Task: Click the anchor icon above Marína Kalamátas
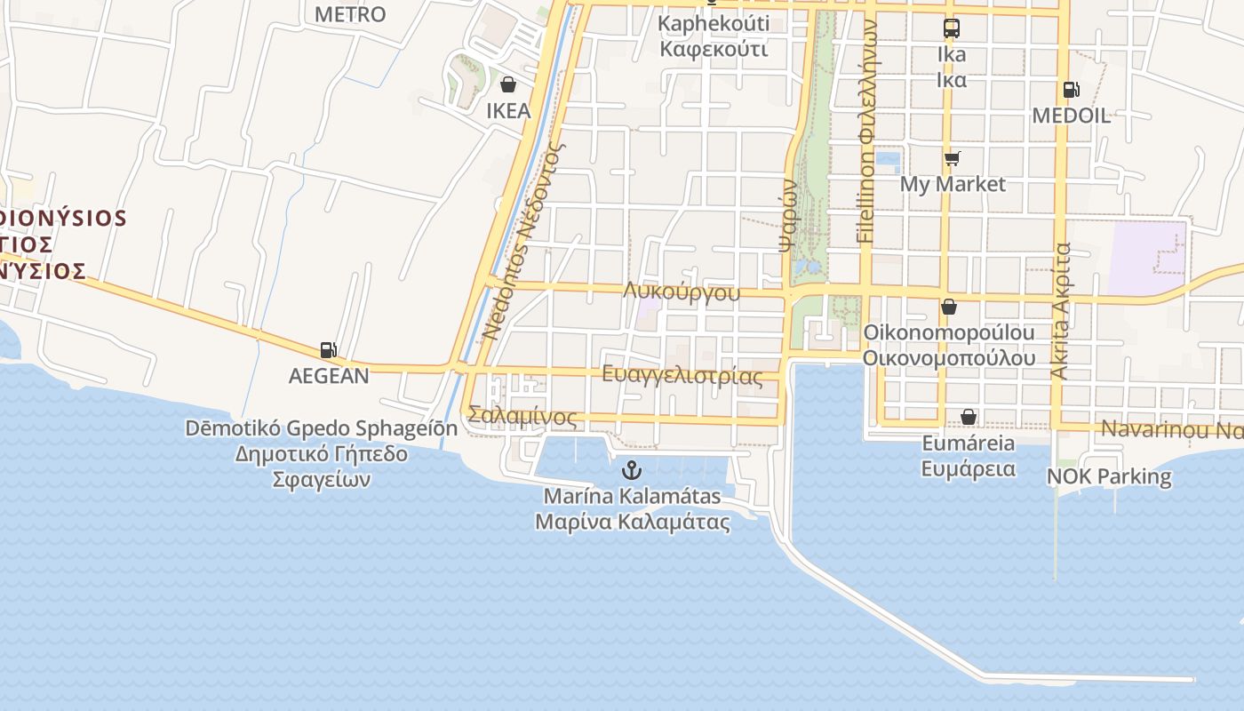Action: [x=631, y=469]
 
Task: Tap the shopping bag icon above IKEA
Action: [x=508, y=84]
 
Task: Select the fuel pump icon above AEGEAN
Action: [x=329, y=350]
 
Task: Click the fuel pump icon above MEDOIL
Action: [x=1071, y=89]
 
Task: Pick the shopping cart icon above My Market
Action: [x=952, y=159]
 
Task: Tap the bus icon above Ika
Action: [x=952, y=28]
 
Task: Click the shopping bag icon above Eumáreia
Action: [x=969, y=416]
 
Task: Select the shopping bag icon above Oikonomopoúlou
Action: [x=949, y=307]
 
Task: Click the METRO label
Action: [x=350, y=14]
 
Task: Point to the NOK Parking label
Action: [x=1109, y=476]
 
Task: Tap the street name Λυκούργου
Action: [x=682, y=292]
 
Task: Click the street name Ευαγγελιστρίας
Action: [x=682, y=375]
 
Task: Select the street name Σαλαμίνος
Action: [x=522, y=416]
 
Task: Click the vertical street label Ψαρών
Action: [x=788, y=215]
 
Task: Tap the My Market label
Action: [x=953, y=184]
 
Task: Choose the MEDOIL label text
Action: [x=1071, y=116]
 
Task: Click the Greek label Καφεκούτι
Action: [x=714, y=48]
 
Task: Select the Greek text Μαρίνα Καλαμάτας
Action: [x=632, y=521]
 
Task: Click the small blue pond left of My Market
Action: [x=888, y=161]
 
